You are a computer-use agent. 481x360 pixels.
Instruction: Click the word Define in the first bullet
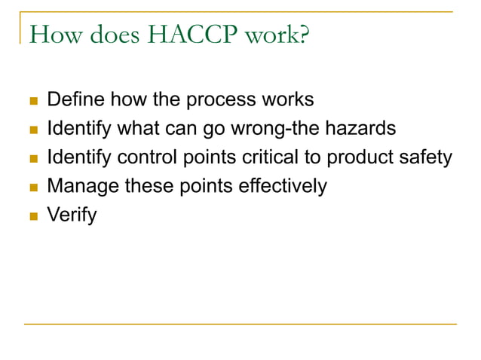click(73, 99)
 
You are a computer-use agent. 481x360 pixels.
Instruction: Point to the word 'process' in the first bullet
click(217, 99)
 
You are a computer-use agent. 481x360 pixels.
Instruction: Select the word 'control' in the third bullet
click(144, 157)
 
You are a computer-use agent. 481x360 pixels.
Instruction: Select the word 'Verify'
click(72, 215)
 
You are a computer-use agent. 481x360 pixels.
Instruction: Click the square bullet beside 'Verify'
click(32, 216)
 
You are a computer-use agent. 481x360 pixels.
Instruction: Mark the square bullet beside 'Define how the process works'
click(32, 100)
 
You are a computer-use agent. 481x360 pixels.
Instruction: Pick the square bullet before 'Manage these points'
click(32, 187)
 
